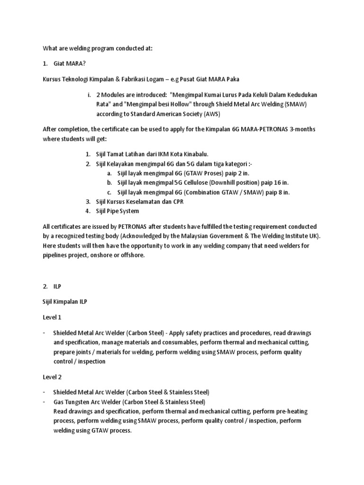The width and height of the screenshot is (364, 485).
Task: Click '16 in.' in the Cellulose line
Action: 280,183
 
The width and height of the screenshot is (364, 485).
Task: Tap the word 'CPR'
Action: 176,201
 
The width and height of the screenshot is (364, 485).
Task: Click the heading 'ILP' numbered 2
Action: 58,287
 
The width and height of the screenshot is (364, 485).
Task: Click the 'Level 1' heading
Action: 53,317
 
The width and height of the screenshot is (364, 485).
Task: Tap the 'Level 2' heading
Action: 53,377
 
